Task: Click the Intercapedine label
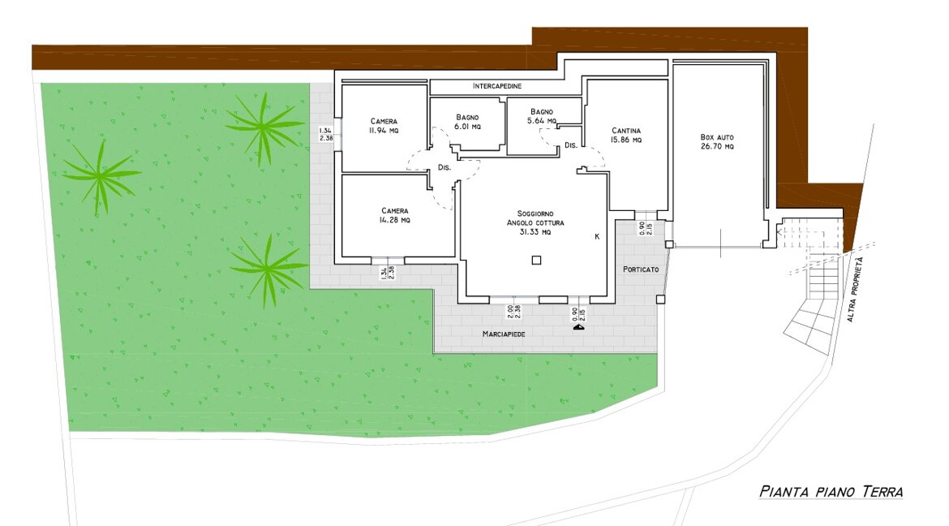coord(497,86)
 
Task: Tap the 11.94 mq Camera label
coord(384,126)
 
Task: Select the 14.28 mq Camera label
coord(395,215)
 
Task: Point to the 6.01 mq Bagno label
coord(467,122)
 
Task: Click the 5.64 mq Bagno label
coord(542,116)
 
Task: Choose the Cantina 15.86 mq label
coord(626,135)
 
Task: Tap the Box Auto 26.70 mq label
coord(717,142)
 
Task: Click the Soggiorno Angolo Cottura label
coord(535,222)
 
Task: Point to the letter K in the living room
coord(597,236)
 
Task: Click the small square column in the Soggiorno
coord(536,261)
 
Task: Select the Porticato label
coord(641,269)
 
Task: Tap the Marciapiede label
coord(504,334)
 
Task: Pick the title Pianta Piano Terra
coord(831,491)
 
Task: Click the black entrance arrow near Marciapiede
coord(579,326)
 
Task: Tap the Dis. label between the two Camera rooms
coord(444,167)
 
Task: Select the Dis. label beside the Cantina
coord(571,145)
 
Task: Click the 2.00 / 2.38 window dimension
coord(514,312)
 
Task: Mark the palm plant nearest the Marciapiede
coord(268,269)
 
